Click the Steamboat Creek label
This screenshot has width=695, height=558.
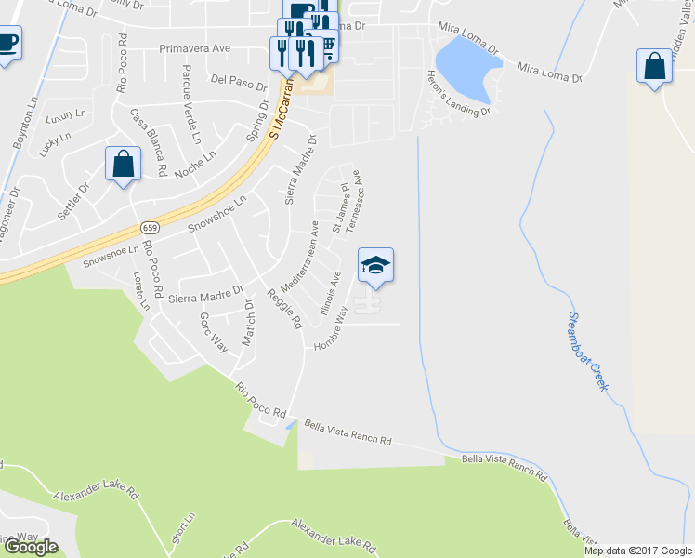[x=586, y=351]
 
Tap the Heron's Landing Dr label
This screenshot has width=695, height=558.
[x=457, y=94]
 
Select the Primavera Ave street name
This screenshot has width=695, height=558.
[x=194, y=48]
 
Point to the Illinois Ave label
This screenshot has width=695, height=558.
[x=331, y=293]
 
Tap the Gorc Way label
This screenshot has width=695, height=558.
[x=213, y=332]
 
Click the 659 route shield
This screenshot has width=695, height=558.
[x=151, y=228]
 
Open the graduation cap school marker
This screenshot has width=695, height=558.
[x=375, y=266]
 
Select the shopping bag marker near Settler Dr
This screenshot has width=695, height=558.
[x=123, y=165]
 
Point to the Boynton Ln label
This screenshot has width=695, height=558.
[x=20, y=113]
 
